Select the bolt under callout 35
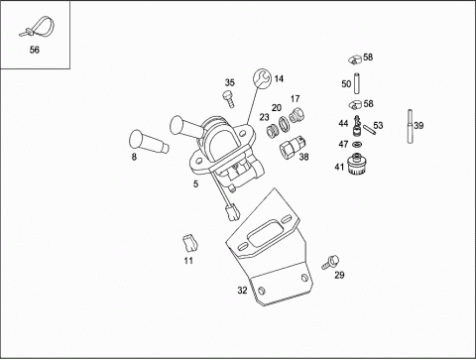(x=229, y=99)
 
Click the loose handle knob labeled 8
(x=149, y=142)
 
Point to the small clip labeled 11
(x=189, y=243)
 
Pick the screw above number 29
(x=330, y=262)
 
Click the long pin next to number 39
(x=411, y=127)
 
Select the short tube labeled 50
(x=357, y=83)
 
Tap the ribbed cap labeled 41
(x=357, y=164)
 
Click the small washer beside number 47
(x=357, y=144)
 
